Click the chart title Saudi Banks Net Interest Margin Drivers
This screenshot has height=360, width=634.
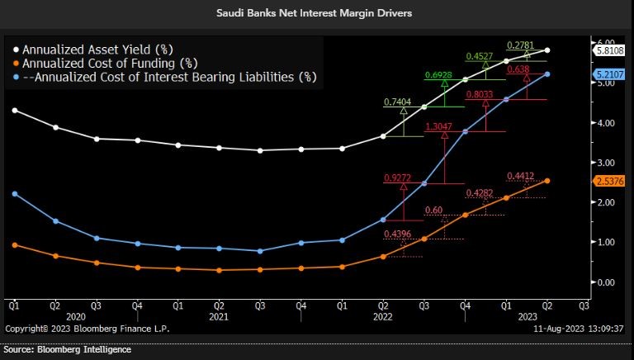pyautogui.click(x=317, y=13)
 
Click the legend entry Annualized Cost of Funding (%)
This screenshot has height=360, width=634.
pyautogui.click(x=104, y=63)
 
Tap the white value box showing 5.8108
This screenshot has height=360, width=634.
pyautogui.click(x=609, y=50)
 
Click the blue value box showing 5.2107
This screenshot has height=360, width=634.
pyautogui.click(x=609, y=74)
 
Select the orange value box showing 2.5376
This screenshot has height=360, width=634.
pyautogui.click(x=609, y=181)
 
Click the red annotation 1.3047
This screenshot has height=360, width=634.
pyautogui.click(x=438, y=127)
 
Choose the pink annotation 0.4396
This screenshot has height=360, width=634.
pyautogui.click(x=398, y=234)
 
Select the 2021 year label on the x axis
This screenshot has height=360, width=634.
pyautogui.click(x=218, y=316)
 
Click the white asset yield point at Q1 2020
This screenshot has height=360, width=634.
pyautogui.click(x=14, y=110)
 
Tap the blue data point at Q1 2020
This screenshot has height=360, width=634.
pyautogui.click(x=14, y=194)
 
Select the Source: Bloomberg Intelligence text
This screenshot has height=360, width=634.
pyautogui.click(x=68, y=350)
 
